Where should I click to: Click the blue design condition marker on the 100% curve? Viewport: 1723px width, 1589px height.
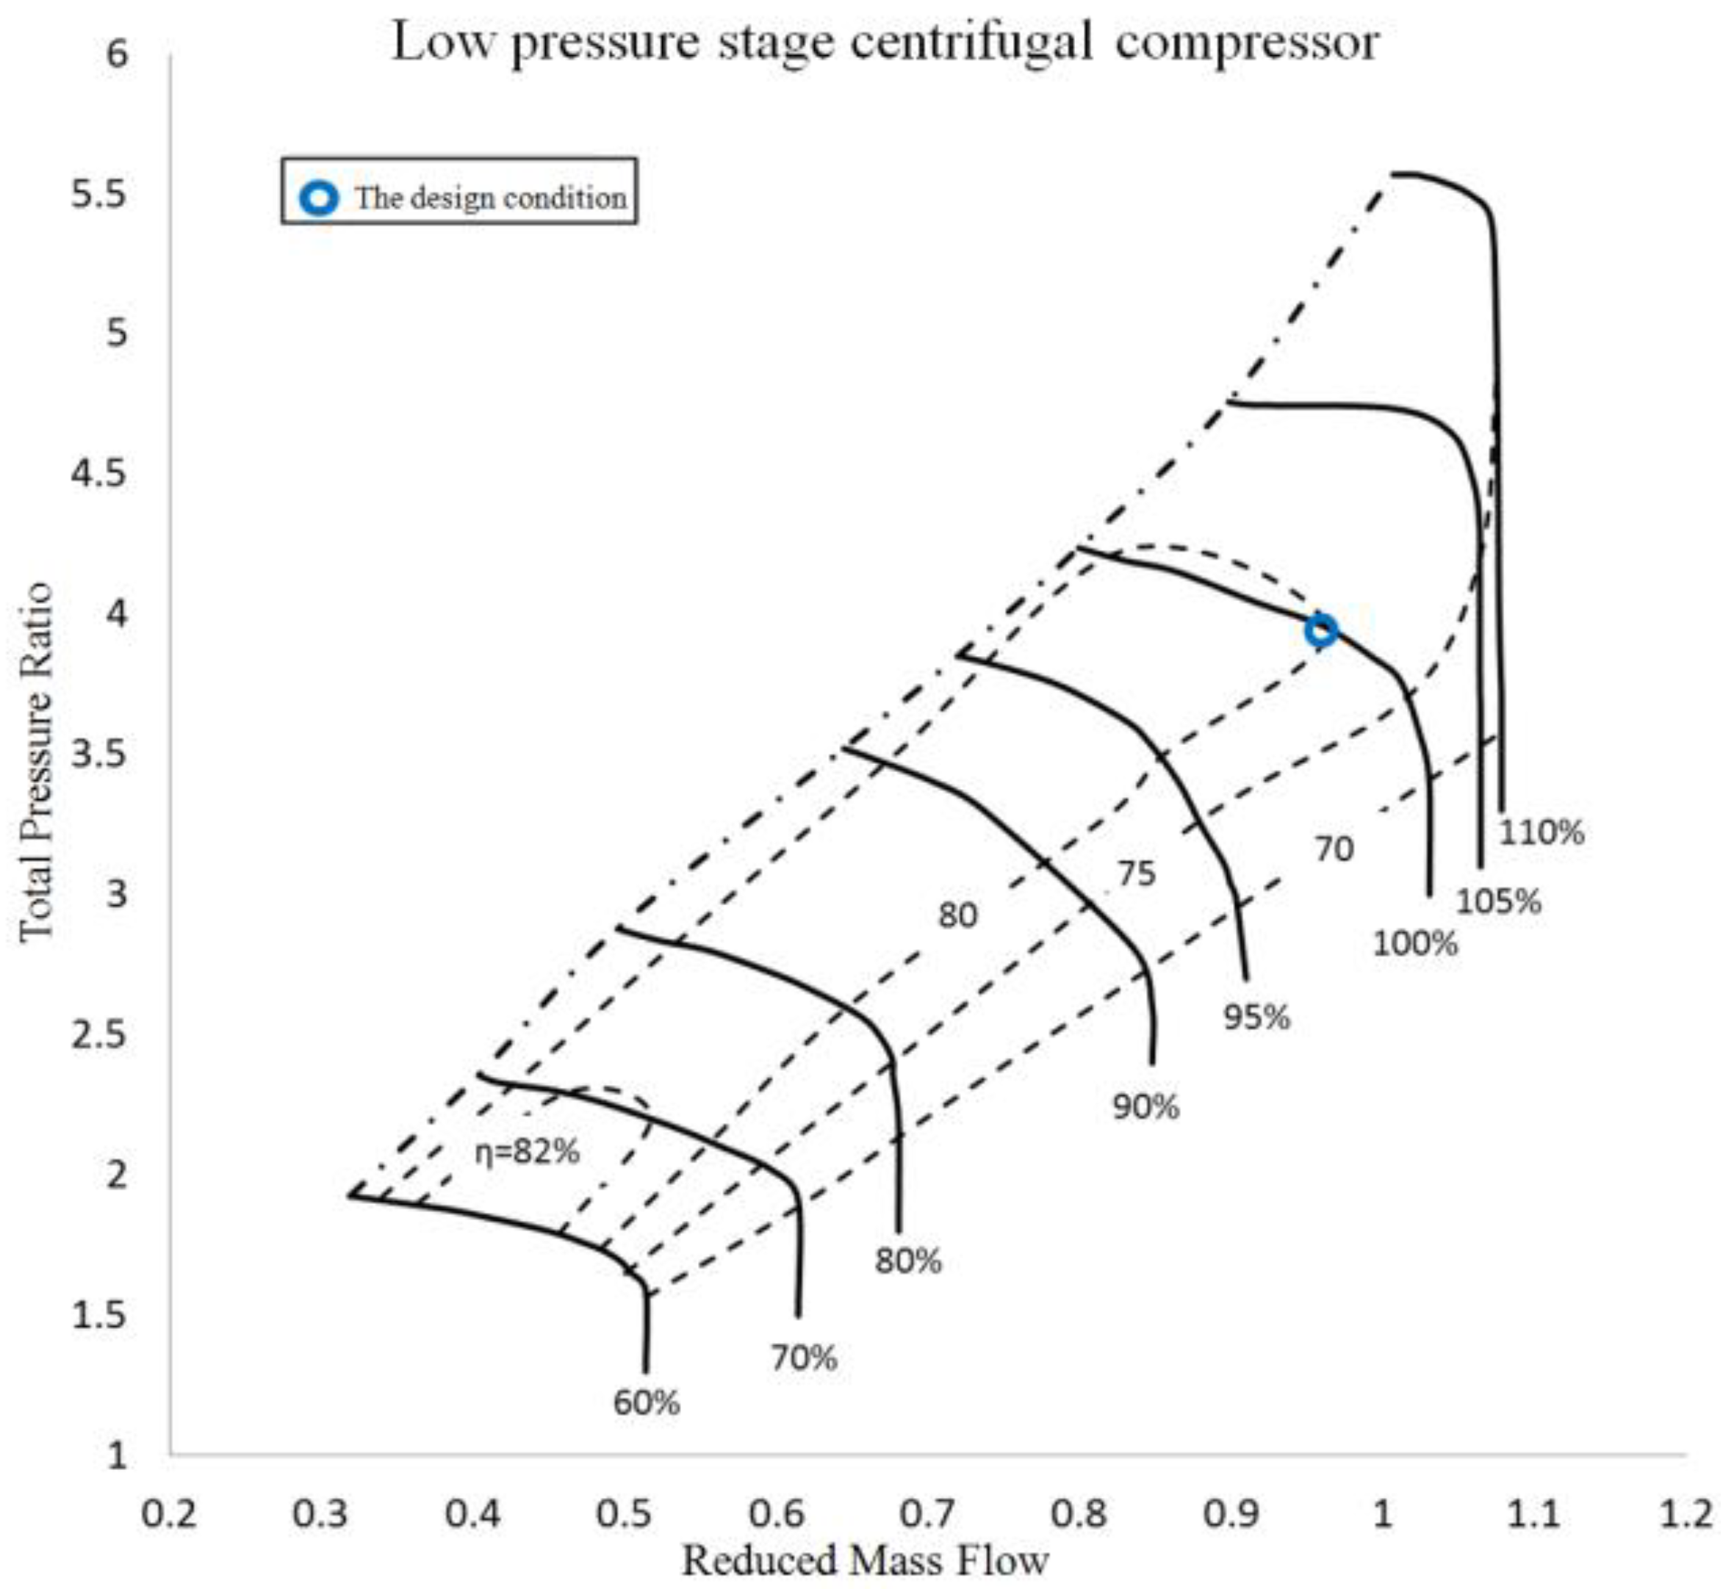tap(1320, 630)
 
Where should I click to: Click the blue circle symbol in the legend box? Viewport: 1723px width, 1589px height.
tap(319, 198)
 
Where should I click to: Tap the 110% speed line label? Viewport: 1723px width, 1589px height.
tap(1542, 832)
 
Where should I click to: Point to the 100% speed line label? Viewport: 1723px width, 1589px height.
tap(1415, 943)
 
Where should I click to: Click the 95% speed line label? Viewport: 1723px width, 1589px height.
tap(1257, 1017)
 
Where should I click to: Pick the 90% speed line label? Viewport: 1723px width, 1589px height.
tap(1146, 1106)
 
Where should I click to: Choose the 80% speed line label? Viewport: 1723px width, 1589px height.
tap(909, 1261)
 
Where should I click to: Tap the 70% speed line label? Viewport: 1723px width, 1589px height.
tap(804, 1358)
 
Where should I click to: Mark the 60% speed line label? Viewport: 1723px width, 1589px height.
tap(647, 1403)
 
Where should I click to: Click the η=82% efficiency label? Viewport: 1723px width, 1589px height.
tap(528, 1151)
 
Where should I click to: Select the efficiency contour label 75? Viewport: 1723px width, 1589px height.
tap(1137, 873)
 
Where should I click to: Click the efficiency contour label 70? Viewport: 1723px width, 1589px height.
tap(1334, 848)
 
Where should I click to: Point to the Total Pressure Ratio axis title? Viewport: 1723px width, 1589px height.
tap(36, 761)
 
